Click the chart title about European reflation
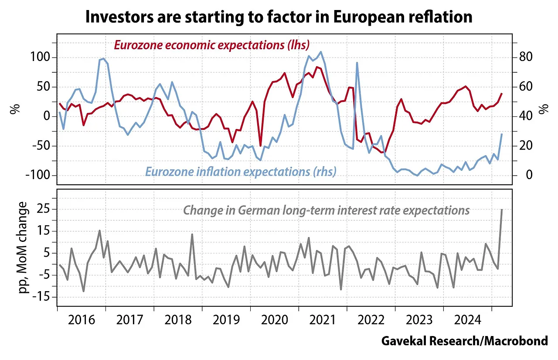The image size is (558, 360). [x=279, y=17]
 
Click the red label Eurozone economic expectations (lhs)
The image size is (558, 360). [x=211, y=44]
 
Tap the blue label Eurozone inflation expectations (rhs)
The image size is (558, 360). [x=241, y=171]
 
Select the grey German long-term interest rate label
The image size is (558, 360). [x=326, y=210]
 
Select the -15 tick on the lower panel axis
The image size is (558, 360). [x=42, y=297]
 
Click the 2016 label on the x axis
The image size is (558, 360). [x=82, y=320]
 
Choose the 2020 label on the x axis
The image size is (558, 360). [x=274, y=320]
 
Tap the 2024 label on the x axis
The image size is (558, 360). [x=467, y=320]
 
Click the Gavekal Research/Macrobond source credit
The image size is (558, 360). [x=464, y=341]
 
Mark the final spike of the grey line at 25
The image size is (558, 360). [x=502, y=210]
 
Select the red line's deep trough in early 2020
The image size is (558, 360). [x=261, y=146]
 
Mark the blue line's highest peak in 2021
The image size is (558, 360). [x=321, y=52]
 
